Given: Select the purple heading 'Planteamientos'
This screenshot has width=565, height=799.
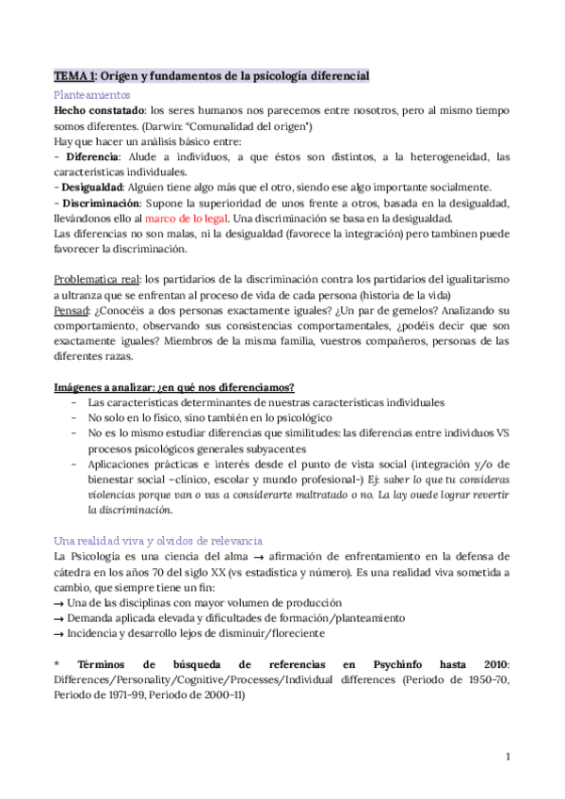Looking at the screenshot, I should (91, 95).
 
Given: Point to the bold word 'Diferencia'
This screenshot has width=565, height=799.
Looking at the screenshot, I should (91, 155).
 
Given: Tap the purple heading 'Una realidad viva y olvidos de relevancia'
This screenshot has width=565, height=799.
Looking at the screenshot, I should (158, 539).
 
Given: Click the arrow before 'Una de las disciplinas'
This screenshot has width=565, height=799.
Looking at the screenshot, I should (59, 602).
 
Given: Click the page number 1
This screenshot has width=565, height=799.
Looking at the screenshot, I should (507, 756).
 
